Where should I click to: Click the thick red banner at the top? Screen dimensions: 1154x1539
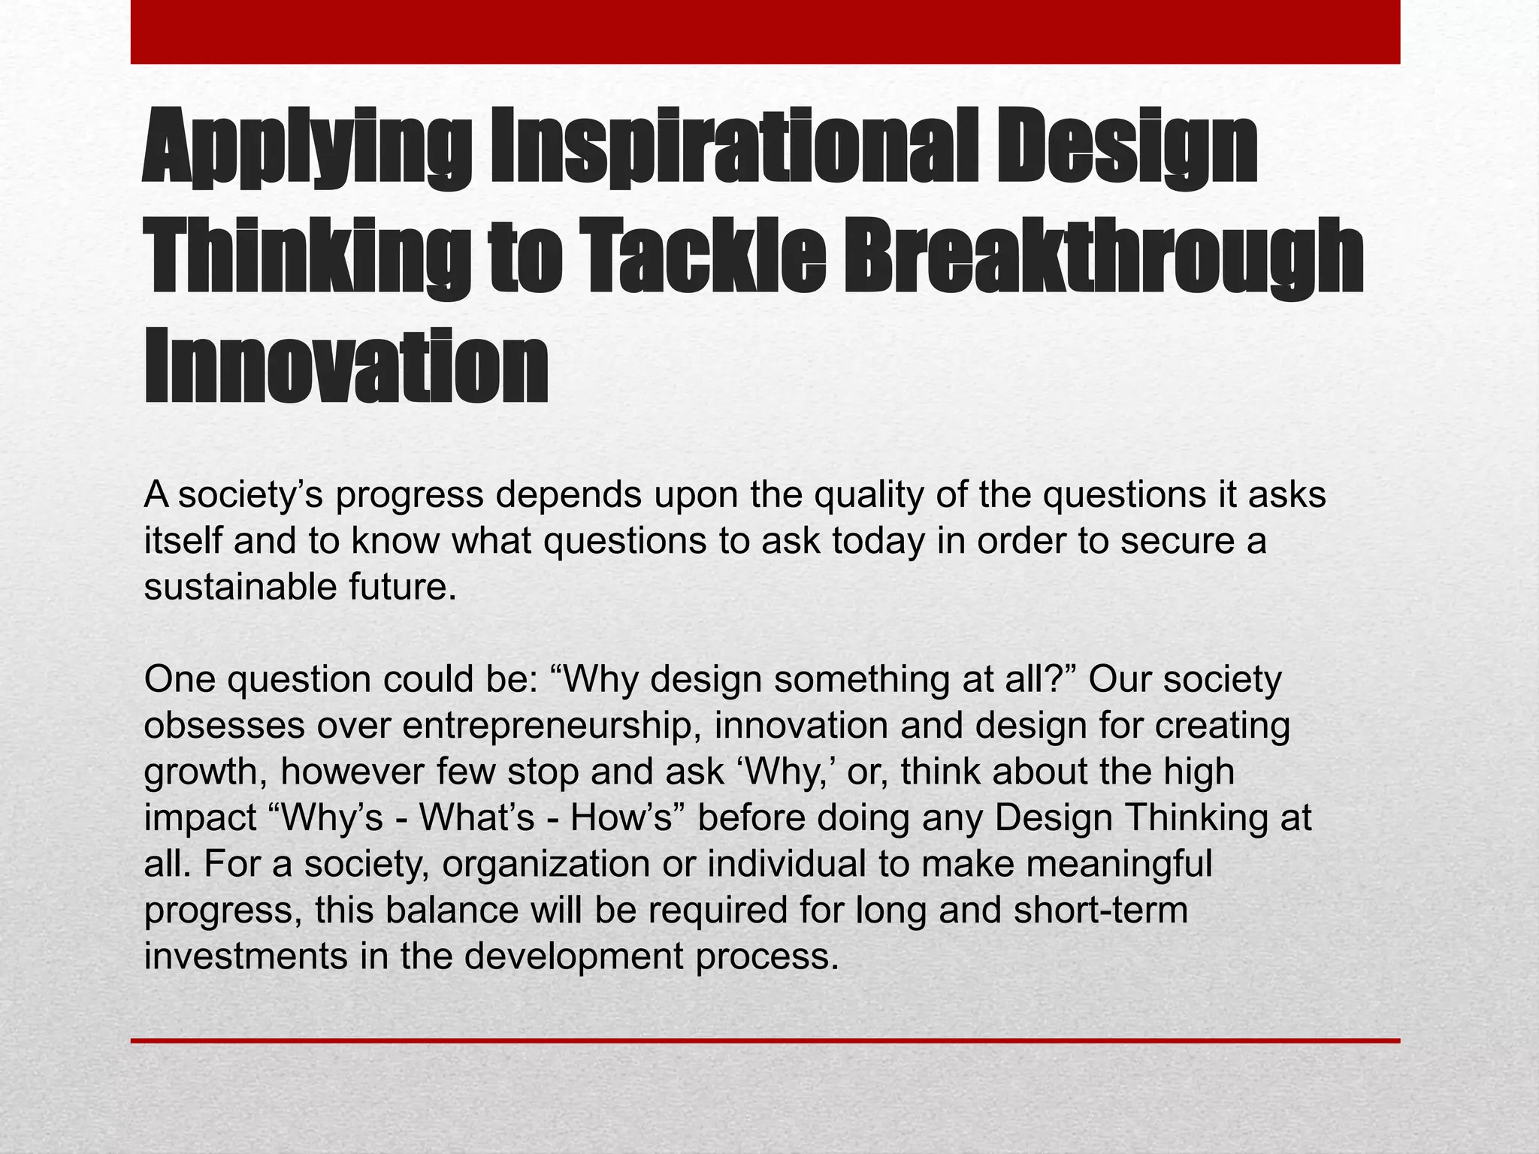click(765, 32)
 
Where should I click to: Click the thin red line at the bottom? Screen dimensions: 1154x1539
click(765, 1041)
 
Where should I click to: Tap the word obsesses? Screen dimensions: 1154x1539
click(224, 726)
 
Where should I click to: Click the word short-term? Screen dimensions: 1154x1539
click(1100, 910)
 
